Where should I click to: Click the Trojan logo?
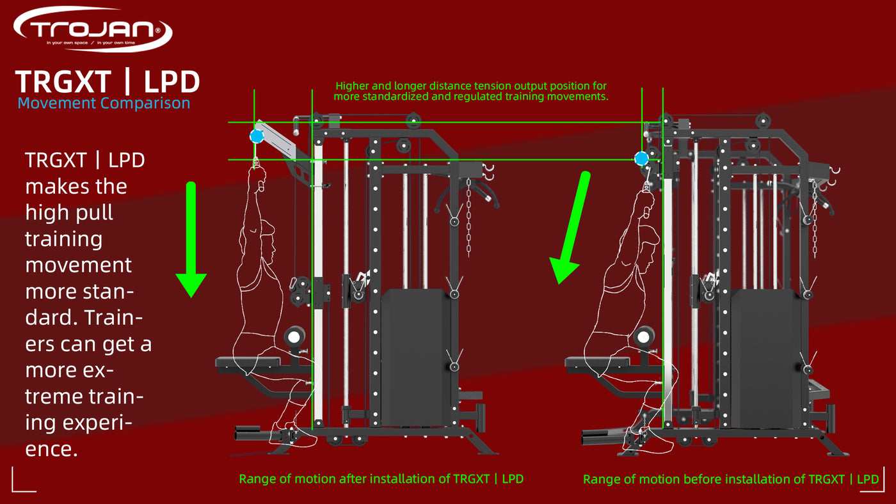(x=93, y=29)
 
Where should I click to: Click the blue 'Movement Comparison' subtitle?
(x=104, y=103)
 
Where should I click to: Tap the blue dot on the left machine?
(x=257, y=136)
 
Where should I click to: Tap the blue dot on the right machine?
(x=641, y=159)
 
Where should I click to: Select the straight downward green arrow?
(x=191, y=240)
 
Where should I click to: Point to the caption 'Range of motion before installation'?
(x=694, y=479)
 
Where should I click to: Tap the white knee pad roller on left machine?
(x=294, y=337)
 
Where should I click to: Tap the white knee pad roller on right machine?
(x=644, y=337)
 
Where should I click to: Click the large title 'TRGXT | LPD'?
(x=108, y=81)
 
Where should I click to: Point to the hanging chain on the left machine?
(x=468, y=218)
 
